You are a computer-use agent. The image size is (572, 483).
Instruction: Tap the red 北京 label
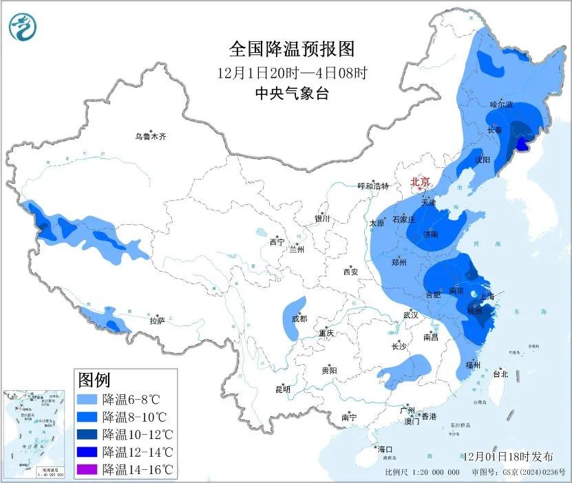[420, 182]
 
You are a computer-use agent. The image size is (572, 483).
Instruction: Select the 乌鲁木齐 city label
[150, 137]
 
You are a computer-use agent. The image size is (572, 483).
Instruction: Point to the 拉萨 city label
[157, 321]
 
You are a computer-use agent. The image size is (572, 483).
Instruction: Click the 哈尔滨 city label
[501, 105]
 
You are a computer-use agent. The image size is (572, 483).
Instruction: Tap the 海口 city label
[384, 449]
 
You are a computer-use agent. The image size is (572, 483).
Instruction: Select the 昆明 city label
[282, 389]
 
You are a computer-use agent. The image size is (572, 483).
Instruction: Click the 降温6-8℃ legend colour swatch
[87, 399]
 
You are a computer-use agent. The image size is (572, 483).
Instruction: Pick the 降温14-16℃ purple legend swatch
[87, 471]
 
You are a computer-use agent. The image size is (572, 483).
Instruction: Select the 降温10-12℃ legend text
[138, 435]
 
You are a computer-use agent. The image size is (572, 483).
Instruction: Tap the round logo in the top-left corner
[23, 28]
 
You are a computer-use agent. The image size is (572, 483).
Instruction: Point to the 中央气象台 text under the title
[291, 94]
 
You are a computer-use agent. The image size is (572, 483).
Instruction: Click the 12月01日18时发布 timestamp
[508, 456]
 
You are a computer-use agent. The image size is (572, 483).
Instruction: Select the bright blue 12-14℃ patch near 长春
[523, 143]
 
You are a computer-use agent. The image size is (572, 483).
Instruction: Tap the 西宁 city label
[277, 242]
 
